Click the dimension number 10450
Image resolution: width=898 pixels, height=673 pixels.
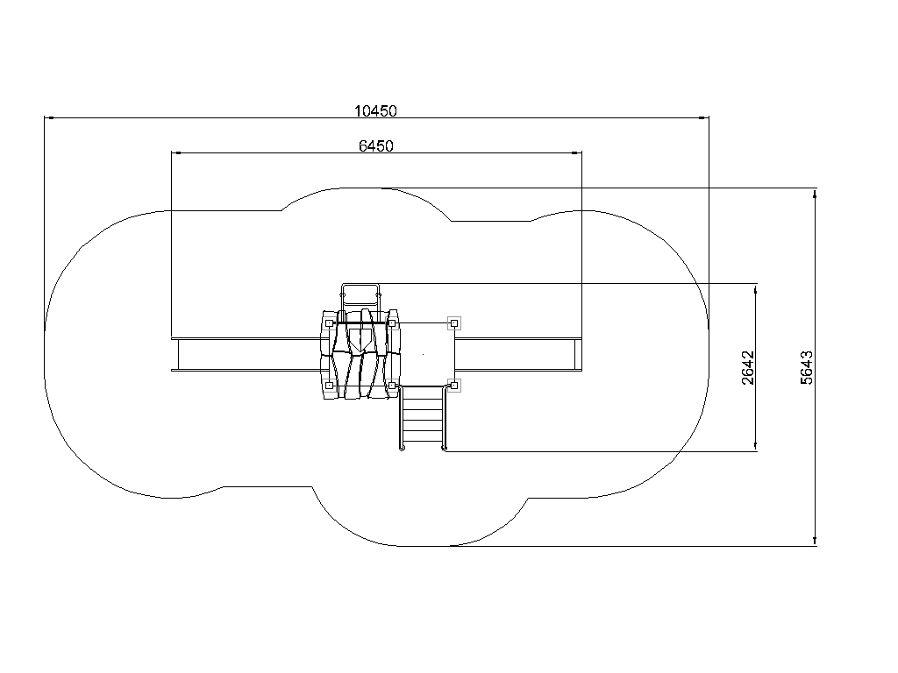pos(375,111)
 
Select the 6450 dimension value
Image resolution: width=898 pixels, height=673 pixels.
pos(375,146)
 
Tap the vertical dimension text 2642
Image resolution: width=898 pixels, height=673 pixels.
pos(748,367)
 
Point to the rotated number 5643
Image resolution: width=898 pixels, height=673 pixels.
pos(807,367)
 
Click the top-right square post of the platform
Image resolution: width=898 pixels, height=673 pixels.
pos(454,323)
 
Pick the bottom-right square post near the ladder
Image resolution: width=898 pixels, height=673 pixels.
pos(454,385)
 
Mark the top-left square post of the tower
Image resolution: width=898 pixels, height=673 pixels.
pos(330,323)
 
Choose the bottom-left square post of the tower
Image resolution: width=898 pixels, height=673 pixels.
pos(330,386)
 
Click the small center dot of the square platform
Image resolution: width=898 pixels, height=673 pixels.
pos(424,354)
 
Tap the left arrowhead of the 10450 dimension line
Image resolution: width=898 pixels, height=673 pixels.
pos(49,118)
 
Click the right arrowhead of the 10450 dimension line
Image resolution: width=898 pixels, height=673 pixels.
pos(704,118)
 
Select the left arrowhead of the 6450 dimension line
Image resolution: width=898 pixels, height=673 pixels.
pos(176,152)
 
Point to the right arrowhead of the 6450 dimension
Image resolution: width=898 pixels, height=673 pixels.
pos(577,152)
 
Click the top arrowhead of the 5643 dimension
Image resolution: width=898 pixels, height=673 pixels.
pos(815,194)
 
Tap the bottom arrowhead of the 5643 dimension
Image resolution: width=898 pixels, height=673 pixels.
pos(815,541)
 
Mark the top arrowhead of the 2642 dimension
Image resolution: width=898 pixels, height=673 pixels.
pos(756,289)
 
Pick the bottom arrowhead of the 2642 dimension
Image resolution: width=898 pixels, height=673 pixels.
pos(756,446)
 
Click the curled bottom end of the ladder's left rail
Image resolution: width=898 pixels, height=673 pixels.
pos(402,449)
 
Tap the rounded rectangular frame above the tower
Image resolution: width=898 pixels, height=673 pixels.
pos(360,284)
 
